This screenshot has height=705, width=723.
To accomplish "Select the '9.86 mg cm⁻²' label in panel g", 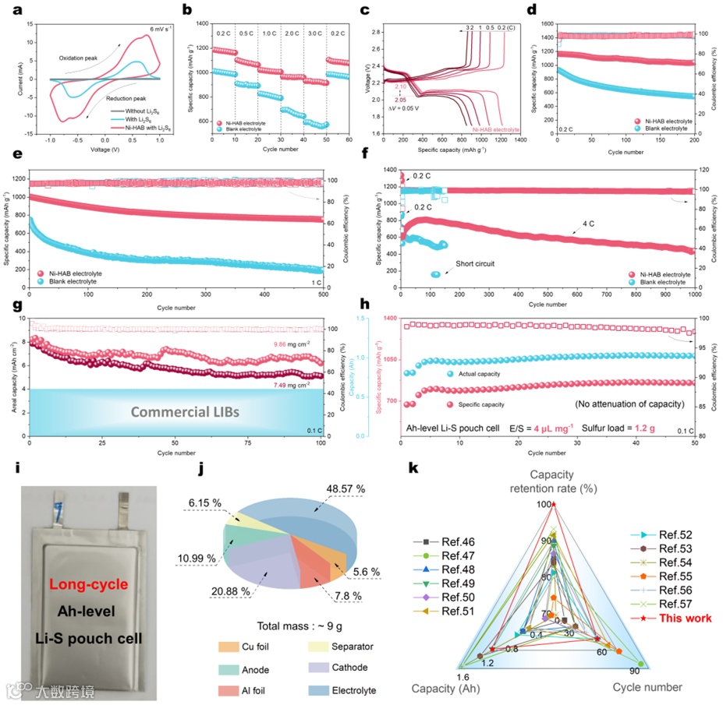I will click(x=292, y=344).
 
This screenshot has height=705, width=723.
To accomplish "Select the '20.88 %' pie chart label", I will click(x=232, y=592).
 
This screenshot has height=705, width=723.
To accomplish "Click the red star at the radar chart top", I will click(x=554, y=505).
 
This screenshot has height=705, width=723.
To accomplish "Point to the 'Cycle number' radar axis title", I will click(x=647, y=686).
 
